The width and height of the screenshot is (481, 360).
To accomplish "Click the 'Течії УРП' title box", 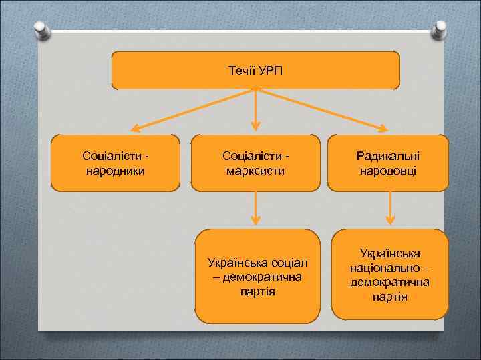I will pyautogui.click(x=255, y=70).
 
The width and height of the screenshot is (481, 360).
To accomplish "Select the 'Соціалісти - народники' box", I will pyautogui.click(x=116, y=163).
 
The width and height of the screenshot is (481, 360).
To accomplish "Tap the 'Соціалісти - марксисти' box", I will pyautogui.click(x=256, y=163).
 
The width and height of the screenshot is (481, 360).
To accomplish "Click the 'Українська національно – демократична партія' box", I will pyautogui.click(x=390, y=275).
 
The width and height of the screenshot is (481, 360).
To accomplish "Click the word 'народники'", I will pyautogui.click(x=116, y=171).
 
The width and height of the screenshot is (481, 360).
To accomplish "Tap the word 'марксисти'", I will pyautogui.click(x=256, y=171).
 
